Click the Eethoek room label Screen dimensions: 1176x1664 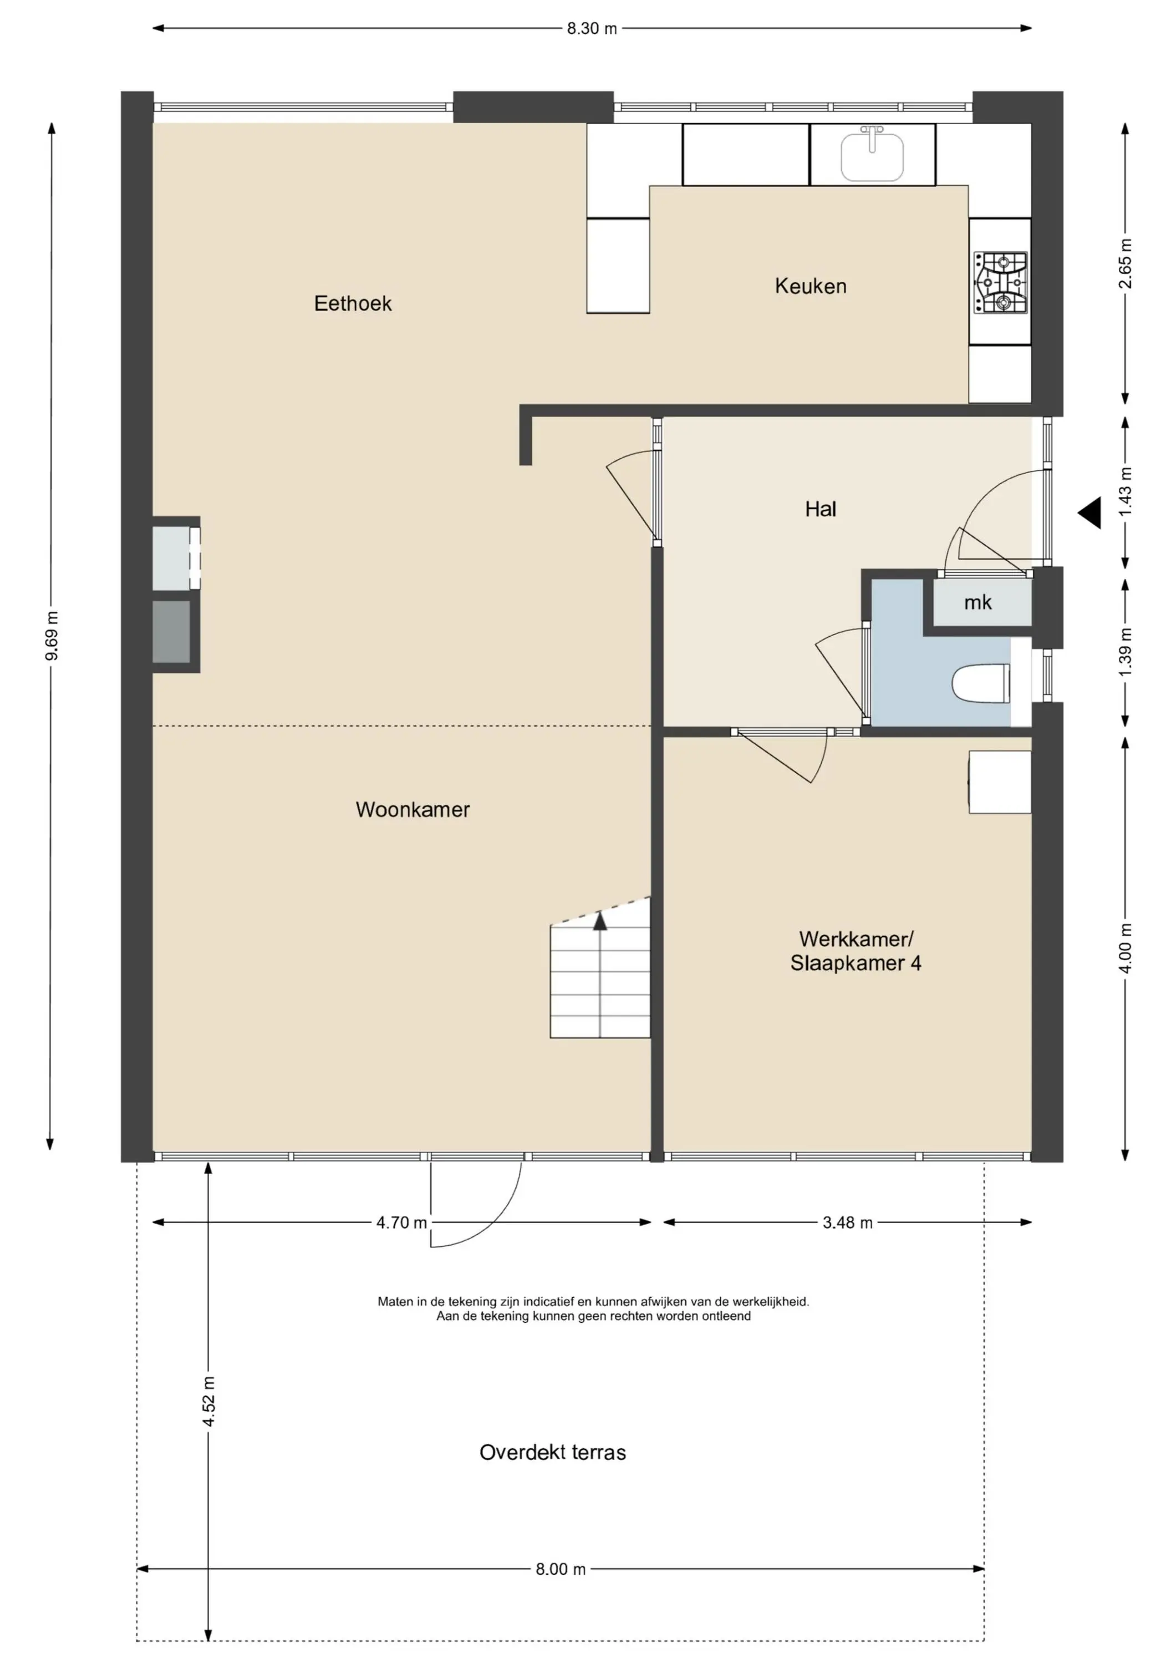(353, 303)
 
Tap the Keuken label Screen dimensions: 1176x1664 (811, 286)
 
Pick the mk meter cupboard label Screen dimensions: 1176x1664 (978, 602)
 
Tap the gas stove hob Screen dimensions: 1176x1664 (1001, 283)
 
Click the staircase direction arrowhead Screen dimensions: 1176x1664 (600, 921)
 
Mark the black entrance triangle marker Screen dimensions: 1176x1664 (1089, 513)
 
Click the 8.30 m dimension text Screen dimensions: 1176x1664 (592, 29)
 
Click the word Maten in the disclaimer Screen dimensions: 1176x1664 (395, 1302)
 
